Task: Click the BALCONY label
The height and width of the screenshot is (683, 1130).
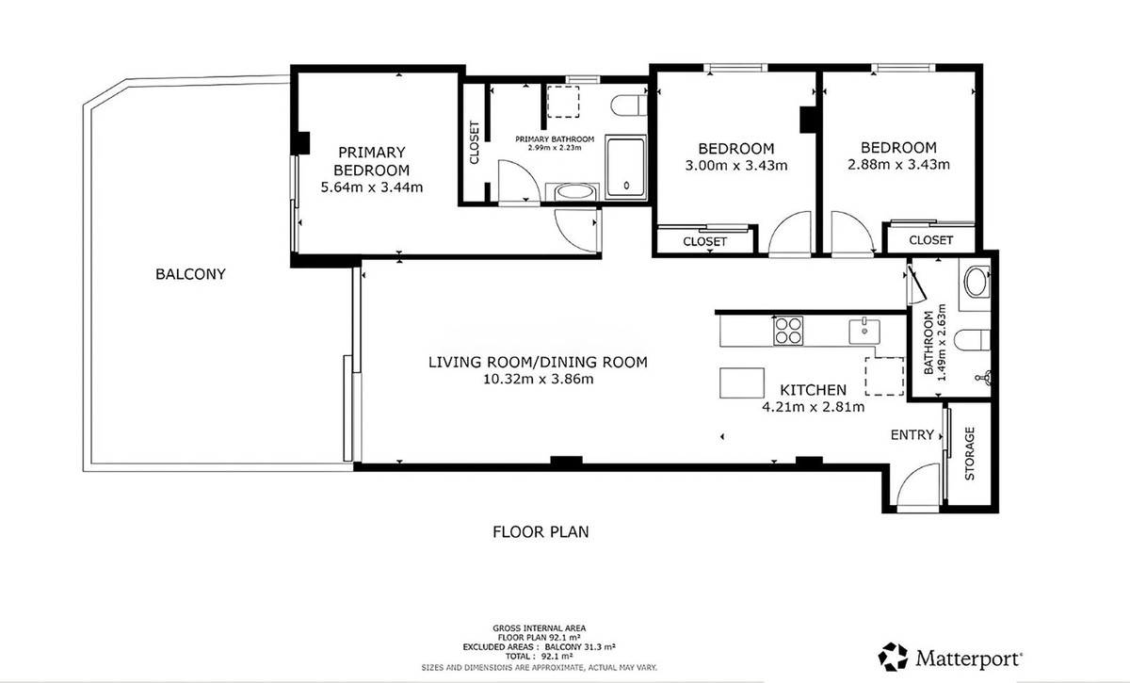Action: [190, 274]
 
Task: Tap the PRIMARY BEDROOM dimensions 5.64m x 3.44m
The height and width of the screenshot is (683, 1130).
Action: [372, 187]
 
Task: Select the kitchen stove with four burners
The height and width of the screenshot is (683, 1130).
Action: [788, 331]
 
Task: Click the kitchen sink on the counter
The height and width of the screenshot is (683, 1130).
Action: [864, 331]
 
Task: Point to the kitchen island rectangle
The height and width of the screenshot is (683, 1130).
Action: [742, 383]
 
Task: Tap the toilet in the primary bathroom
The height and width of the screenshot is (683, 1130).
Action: [629, 106]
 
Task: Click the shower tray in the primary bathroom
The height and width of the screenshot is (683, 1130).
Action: [625, 167]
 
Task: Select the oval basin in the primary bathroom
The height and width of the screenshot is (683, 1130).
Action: [573, 192]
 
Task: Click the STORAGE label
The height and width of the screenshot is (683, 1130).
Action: [970, 453]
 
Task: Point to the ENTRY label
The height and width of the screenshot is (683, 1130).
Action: [912, 434]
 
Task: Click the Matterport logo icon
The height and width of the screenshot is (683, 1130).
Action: [893, 657]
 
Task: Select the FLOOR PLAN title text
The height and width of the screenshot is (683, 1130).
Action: [541, 531]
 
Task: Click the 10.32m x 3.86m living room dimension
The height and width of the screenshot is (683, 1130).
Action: [539, 379]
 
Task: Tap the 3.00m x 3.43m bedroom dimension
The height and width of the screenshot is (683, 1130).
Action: [736, 166]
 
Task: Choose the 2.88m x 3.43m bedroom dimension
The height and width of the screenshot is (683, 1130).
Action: [898, 165]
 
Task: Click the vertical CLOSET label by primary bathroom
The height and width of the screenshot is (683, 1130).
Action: [475, 142]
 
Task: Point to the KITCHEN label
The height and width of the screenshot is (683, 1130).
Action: [814, 390]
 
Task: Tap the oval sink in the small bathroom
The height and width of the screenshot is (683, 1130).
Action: [977, 283]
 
